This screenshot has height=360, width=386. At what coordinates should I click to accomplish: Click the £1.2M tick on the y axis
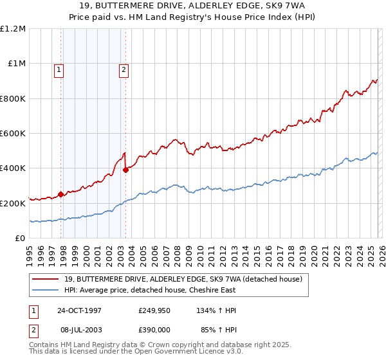[13, 29]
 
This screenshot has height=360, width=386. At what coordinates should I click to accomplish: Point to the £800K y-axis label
[13, 98]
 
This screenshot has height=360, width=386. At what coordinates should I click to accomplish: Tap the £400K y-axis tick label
[13, 168]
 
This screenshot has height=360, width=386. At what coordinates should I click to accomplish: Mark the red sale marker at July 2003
[126, 170]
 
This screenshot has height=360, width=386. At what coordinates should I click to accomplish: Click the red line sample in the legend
[46, 278]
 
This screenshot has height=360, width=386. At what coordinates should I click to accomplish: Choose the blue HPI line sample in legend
[46, 289]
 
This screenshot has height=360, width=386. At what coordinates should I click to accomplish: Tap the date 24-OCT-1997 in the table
[79, 310]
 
